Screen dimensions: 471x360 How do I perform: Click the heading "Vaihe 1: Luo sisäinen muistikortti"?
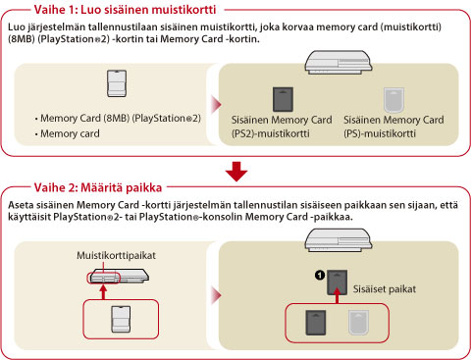coord(125,10)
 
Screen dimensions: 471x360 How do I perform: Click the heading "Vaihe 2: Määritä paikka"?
coord(98,187)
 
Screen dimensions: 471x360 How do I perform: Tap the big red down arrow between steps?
coord(236,172)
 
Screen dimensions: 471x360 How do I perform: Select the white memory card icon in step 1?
coord(117,83)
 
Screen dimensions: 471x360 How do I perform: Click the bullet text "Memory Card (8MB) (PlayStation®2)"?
coord(121,118)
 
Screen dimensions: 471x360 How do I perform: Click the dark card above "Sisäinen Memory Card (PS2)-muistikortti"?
coord(283,99)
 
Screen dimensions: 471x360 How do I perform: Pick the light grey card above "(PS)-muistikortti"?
coord(393,100)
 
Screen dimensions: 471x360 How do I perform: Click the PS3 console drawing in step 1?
coord(339,62)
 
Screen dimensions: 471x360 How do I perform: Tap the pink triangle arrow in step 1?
coord(217,105)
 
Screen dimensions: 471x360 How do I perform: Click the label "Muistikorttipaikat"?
coord(116,255)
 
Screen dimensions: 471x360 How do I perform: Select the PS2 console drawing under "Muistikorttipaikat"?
coord(118,276)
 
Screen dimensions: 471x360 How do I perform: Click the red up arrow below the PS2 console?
coord(103,292)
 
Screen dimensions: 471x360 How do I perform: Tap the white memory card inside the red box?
coord(121,319)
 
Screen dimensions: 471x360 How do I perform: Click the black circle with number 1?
coord(320,275)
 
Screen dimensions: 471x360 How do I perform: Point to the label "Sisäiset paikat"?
coord(385,289)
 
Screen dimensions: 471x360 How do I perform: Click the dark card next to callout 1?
coord(338,283)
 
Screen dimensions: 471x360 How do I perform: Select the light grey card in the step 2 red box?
coord(358,323)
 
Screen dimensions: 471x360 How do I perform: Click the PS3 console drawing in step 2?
coord(339,240)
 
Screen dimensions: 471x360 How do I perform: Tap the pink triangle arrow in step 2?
coord(217,295)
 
